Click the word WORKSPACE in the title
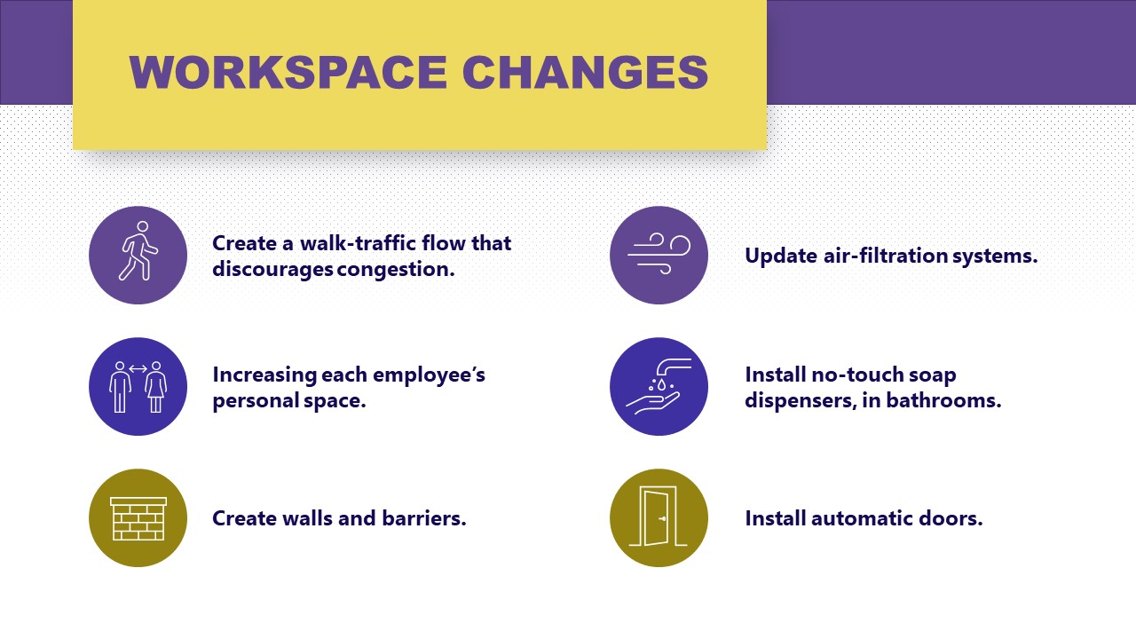click(x=288, y=72)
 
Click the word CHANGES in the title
click(x=585, y=72)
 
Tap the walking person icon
click(x=138, y=255)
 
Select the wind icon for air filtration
click(x=659, y=255)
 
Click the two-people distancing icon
click(x=138, y=386)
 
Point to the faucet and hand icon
click(x=659, y=386)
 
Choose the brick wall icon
click(x=138, y=518)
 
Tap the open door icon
click(x=659, y=518)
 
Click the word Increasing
click(x=264, y=375)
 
